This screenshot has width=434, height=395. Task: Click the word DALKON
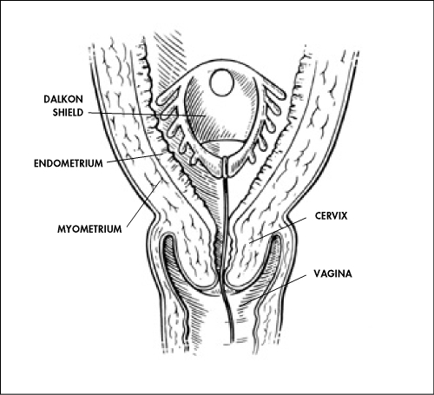63,99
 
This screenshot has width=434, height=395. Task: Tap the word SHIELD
68,112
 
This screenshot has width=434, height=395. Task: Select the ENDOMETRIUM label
69,163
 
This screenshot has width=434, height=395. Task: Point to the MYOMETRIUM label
89,229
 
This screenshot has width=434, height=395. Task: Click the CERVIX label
331,216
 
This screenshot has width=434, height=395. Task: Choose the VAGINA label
333,273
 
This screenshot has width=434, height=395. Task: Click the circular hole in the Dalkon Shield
222,82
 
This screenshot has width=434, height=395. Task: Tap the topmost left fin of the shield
167,95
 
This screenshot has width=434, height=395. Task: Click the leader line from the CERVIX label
278,230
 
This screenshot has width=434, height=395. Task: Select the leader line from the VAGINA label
273,290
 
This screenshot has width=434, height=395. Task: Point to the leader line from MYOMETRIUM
143,203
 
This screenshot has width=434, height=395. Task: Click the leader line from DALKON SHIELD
146,114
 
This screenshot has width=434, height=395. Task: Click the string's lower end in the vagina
233,339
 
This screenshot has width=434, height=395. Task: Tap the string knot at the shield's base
225,167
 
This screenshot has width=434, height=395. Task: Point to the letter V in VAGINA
317,273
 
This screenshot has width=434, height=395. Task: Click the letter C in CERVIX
318,216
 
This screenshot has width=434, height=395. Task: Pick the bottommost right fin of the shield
253,158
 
